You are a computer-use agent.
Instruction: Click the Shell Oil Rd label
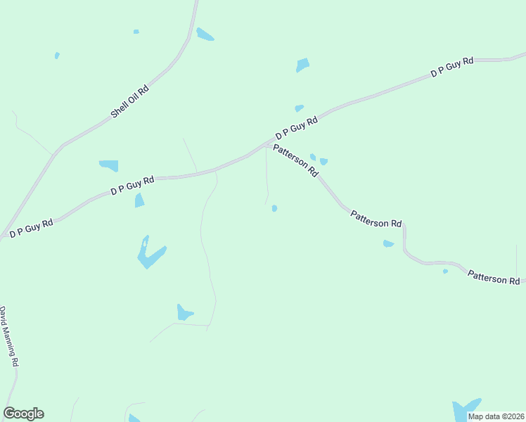(130, 101)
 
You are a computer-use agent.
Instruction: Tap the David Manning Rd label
(9, 336)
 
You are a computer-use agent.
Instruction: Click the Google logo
(23, 414)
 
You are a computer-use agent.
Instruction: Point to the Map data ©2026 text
(496, 416)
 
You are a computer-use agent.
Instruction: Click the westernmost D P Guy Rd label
(32, 228)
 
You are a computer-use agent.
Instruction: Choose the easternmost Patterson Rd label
(494, 278)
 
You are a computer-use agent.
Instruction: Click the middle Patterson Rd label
(376, 218)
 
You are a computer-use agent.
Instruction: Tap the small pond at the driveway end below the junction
(274, 208)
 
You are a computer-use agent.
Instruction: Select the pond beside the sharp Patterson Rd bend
(388, 244)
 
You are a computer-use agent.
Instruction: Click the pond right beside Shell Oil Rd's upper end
(205, 34)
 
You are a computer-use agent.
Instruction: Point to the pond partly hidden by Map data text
(464, 409)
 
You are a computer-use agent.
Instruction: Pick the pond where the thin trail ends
(184, 313)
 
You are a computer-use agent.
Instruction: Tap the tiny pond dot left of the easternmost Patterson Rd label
(445, 271)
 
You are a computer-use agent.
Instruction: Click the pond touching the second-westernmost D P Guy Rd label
(140, 200)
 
